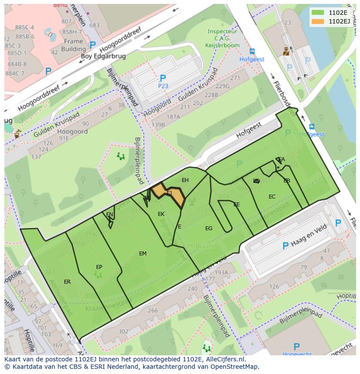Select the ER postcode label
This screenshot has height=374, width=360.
pos(67,282)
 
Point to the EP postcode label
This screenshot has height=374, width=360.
pos(99,267)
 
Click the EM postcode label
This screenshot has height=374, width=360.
pos(143,254)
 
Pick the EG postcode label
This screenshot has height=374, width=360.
pos(209,228)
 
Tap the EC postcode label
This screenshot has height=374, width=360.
pos(272,197)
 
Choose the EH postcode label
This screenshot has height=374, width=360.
pos(185,180)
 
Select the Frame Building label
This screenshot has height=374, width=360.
pos(73,45)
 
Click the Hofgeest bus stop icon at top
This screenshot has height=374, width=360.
pos(252,52)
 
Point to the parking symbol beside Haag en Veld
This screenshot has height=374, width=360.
pos(285,246)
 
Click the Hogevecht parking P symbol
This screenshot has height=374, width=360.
pos(297,347)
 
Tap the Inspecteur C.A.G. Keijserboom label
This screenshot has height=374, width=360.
pos(223,38)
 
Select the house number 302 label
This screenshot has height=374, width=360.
pos(123,331)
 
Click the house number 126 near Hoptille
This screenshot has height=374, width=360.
pos(274,287)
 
